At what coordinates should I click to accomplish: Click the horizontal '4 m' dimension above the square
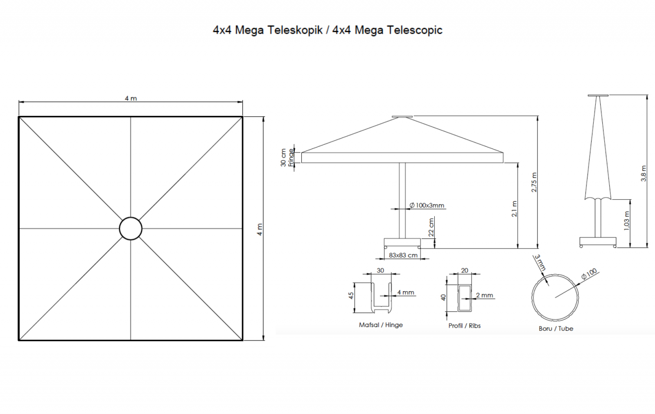pos(131,98)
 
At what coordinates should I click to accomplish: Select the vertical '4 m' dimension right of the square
pos(260,229)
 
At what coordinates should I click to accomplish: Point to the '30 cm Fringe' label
pos(287,158)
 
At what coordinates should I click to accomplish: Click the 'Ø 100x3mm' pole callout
pos(427,206)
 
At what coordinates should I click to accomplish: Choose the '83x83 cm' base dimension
pos(403,255)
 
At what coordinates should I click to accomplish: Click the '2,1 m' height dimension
pos(514,208)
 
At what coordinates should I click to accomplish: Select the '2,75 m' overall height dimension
pos(534,182)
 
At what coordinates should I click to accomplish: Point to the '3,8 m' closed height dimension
pos(644,174)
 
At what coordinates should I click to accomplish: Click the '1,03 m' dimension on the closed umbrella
pos(626,221)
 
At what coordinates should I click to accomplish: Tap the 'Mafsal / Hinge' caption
pos(381,325)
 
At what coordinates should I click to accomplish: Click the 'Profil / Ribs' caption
pos(464,326)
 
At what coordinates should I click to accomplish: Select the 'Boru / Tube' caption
pos(556,328)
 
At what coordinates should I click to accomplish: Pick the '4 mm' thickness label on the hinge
pos(406,292)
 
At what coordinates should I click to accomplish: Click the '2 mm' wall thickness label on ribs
pos(484,295)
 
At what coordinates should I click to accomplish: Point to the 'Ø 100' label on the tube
pos(589,274)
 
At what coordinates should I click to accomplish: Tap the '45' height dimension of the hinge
pos(351,296)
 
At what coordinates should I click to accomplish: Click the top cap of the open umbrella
pos(402,117)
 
